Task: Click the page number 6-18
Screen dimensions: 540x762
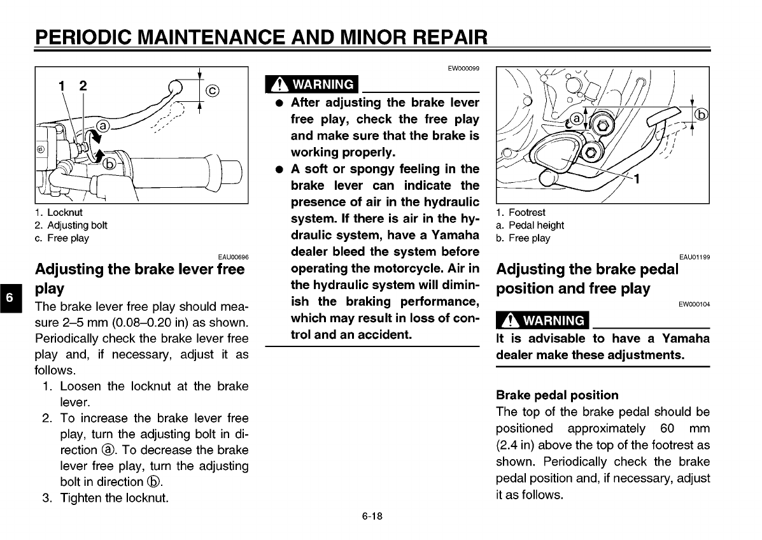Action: coord(372,516)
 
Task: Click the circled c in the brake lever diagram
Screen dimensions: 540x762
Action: coord(213,90)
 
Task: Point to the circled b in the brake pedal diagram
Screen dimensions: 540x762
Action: coord(701,115)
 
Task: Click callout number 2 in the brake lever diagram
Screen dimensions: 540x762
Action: coord(83,86)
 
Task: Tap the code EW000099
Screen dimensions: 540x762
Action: coord(464,68)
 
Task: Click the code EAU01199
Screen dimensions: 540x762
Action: coord(694,257)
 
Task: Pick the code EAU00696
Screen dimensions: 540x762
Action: coord(232,257)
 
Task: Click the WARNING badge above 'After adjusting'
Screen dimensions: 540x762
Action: coord(313,84)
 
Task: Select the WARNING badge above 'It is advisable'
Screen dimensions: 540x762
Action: coord(542,320)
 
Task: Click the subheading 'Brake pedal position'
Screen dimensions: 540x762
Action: coord(557,395)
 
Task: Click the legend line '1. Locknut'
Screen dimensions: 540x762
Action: coord(59,213)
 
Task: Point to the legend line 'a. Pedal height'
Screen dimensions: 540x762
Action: coord(530,225)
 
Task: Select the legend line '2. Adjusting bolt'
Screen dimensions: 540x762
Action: coord(71,225)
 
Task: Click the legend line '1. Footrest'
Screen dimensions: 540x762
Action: coord(520,213)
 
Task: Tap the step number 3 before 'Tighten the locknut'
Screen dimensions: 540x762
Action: coord(46,497)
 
